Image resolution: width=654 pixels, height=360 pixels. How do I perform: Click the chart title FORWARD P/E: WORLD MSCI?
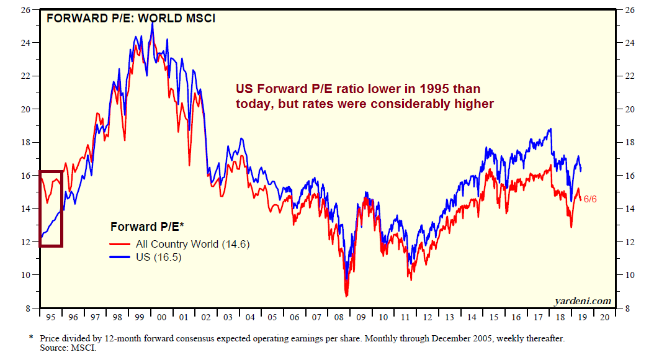point(131,18)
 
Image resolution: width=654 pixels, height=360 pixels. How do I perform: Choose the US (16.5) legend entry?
point(158,258)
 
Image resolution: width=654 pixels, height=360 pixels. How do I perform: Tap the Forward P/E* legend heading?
point(148,227)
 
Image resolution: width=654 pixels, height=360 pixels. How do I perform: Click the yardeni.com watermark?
point(583,301)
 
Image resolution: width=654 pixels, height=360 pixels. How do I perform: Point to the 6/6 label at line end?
point(591,199)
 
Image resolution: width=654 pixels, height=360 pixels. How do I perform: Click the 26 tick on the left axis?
point(27,10)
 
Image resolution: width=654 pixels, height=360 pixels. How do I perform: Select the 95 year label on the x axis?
point(51,317)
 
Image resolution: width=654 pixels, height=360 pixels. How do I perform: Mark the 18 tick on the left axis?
point(27,142)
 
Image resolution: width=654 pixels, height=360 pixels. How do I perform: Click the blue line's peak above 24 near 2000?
point(153,23)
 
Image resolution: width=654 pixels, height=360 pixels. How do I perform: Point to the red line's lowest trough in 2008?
point(346,295)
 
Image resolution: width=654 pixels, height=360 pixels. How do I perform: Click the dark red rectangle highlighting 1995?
point(40,208)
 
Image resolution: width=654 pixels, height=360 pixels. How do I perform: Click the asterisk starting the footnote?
point(31,338)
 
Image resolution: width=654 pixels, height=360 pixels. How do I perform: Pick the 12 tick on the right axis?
point(627,241)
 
